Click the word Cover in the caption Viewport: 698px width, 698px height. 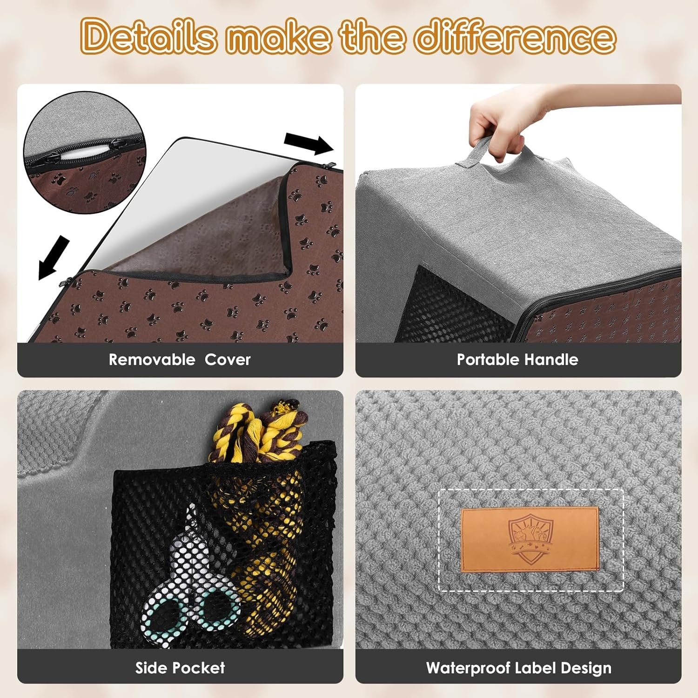click(228, 360)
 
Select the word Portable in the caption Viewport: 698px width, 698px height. click(488, 360)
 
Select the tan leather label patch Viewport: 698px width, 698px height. click(530, 540)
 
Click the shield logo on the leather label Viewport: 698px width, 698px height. click(530, 539)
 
